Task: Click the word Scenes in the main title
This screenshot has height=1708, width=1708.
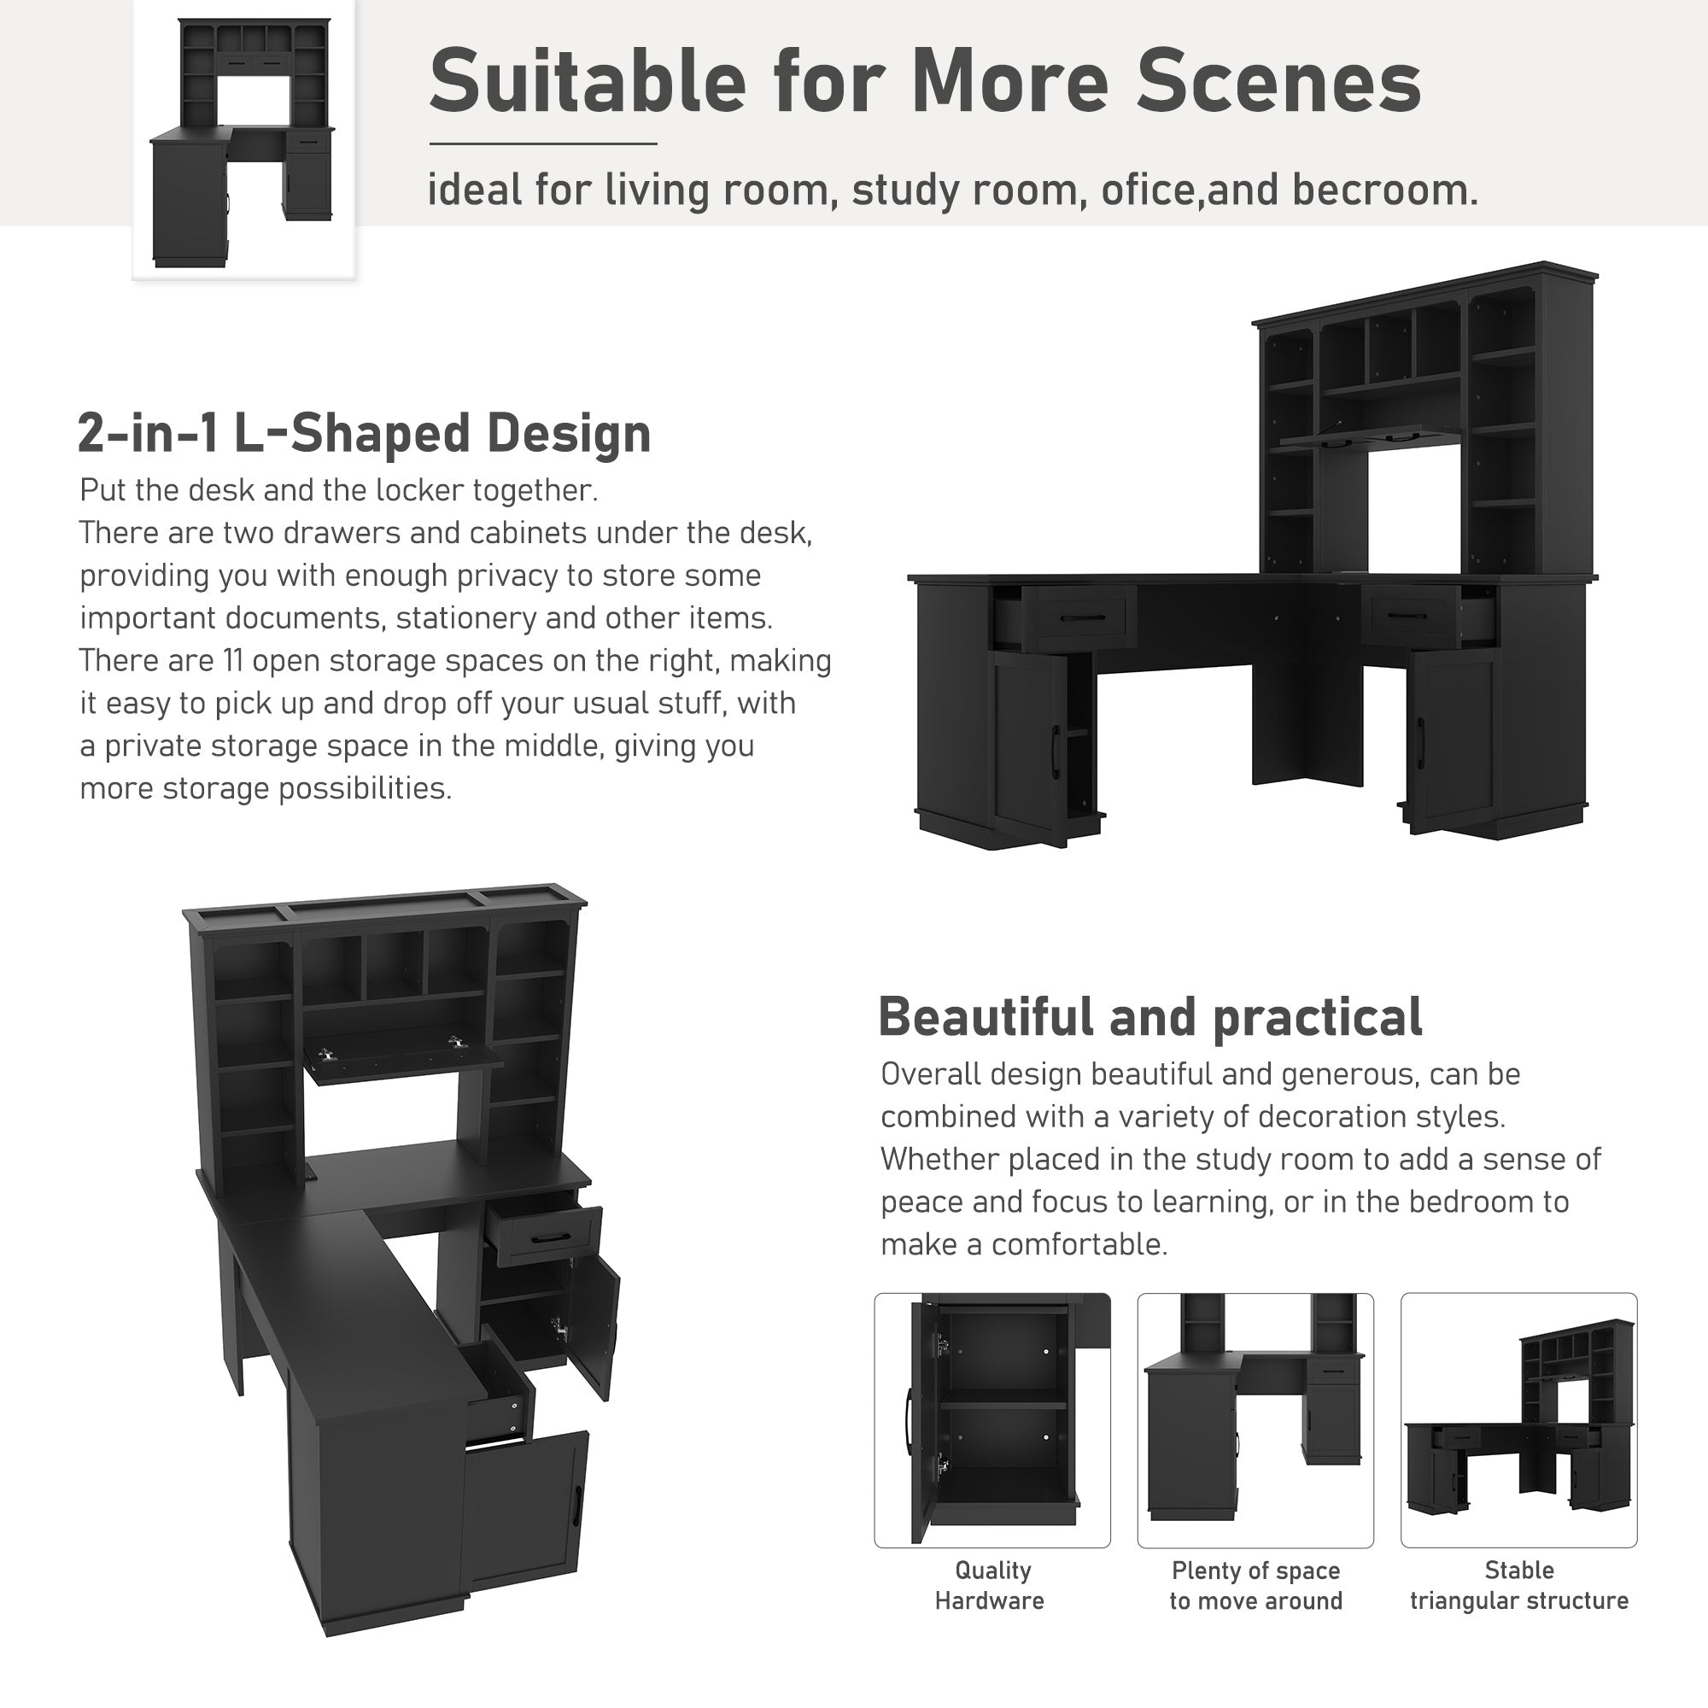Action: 1278,82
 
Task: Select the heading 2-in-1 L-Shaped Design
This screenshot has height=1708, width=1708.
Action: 365,434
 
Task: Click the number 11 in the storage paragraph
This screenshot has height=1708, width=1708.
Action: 227,661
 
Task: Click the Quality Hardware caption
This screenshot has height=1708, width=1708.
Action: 991,1585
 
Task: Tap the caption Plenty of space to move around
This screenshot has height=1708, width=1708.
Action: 1255,1585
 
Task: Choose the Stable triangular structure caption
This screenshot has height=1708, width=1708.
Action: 1518,1585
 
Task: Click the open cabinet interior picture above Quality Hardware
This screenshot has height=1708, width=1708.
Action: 991,1421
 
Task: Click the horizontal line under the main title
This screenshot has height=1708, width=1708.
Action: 543,144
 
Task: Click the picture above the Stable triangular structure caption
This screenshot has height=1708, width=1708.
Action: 1518,1421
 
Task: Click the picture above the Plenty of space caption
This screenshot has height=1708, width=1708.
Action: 1255,1421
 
